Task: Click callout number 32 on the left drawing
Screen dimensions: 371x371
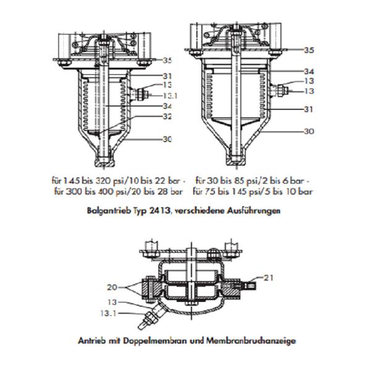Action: [x=167, y=116]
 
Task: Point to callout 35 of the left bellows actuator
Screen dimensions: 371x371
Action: [x=167, y=61]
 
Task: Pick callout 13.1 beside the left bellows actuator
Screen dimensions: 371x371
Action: [x=171, y=96]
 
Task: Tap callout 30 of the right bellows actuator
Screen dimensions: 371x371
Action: [x=309, y=132]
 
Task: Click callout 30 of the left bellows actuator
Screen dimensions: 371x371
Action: [x=167, y=140]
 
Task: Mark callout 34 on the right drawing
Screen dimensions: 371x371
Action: [x=309, y=71]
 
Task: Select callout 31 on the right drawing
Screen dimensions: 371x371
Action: [x=309, y=109]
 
